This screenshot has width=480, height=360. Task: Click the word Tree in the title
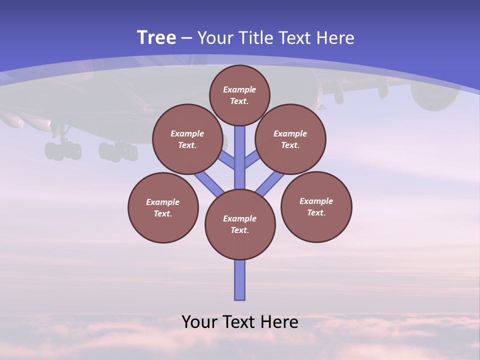tap(156, 38)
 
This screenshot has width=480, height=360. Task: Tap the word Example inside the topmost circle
tap(239, 89)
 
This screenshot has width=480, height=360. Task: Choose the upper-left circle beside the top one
tap(187, 139)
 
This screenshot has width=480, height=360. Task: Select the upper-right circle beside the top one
tap(290, 139)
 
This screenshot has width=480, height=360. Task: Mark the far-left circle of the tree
tap(163, 207)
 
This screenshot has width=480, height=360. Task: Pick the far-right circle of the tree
tap(316, 206)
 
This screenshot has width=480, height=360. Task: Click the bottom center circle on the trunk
tap(240, 224)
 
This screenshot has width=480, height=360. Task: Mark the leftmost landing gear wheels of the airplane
tap(63, 150)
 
